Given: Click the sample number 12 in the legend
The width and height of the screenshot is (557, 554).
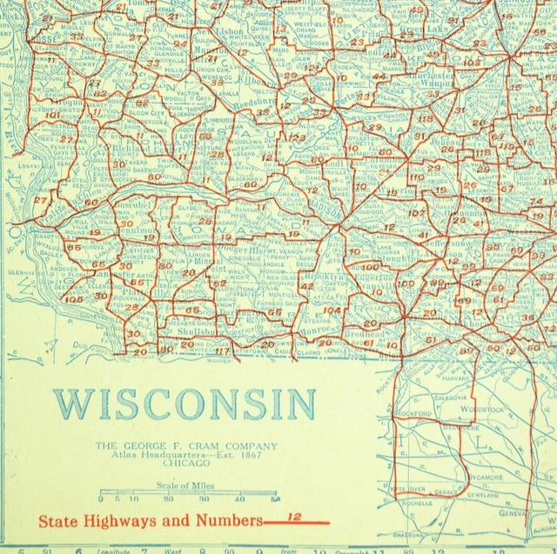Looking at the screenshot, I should pos(295,517).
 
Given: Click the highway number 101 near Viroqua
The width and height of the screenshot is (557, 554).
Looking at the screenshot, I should pos(53,115).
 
